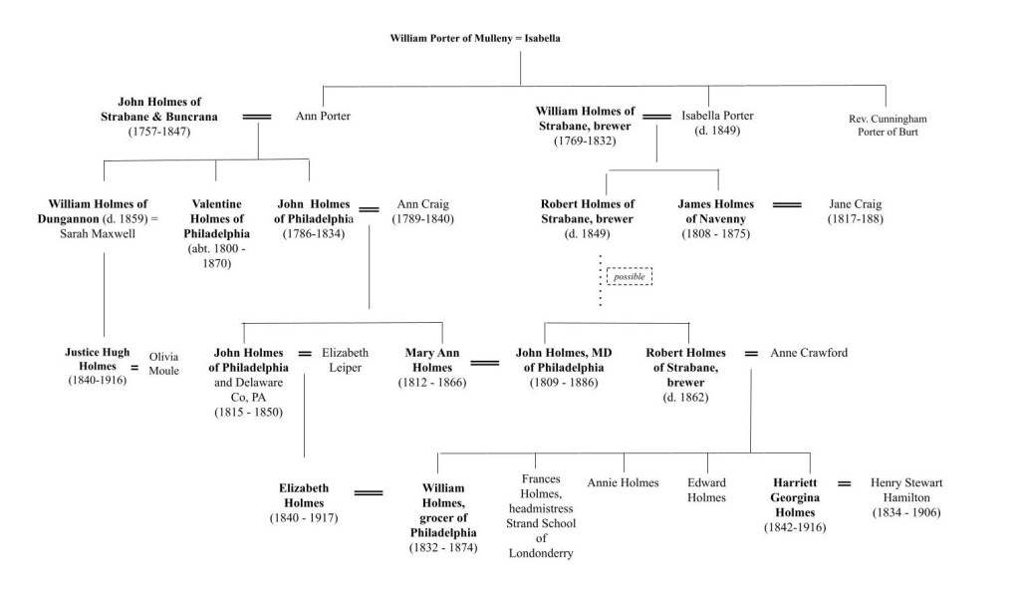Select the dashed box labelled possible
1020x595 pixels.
[x=629, y=276]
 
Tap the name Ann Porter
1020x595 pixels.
[x=324, y=117]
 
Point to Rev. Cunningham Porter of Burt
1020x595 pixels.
[x=887, y=125]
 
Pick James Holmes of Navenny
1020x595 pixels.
[x=714, y=211]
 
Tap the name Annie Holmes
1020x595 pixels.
[x=623, y=482]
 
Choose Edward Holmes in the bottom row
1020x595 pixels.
[x=705, y=489]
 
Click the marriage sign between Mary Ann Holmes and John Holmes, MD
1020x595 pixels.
[x=485, y=363]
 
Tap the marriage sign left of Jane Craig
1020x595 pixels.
[x=787, y=204]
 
